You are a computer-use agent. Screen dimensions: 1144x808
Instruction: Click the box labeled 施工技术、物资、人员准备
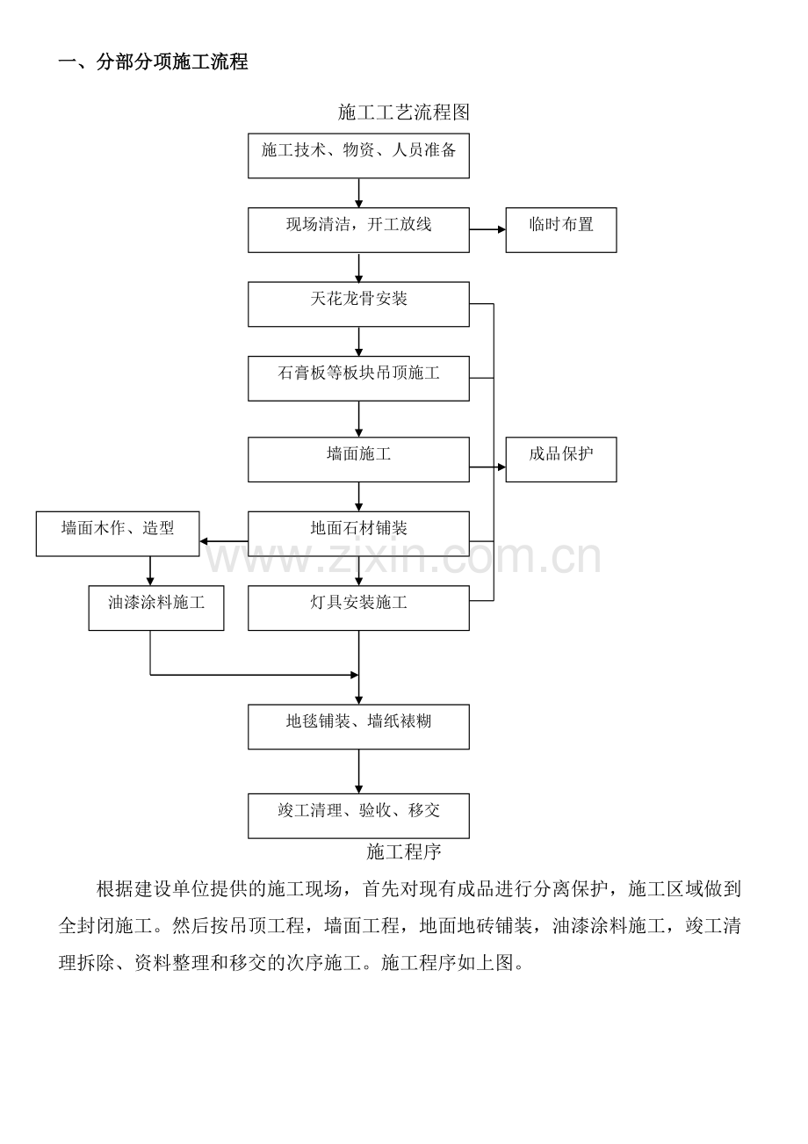[x=358, y=156]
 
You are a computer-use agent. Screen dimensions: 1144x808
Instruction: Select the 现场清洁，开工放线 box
[x=358, y=229]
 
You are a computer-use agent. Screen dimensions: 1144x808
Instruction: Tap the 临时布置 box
[x=560, y=229]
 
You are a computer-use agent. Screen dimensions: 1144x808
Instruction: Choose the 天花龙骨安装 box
[x=358, y=304]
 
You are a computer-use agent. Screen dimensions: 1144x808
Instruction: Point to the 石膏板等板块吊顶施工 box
[x=358, y=378]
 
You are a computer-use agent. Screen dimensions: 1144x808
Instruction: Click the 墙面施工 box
[x=358, y=459]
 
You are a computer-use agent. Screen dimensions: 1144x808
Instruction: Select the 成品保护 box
[x=560, y=459]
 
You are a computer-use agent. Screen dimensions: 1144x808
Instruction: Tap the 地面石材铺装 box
[x=358, y=533]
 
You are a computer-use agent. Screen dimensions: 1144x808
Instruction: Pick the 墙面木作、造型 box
[x=118, y=533]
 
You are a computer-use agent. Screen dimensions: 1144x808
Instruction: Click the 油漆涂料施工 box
[x=156, y=608]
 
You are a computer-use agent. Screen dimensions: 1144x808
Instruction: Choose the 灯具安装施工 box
[x=358, y=608]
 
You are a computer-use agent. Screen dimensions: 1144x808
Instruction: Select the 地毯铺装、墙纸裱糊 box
[x=358, y=727]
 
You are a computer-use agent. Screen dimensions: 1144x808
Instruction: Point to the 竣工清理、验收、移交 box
[x=358, y=815]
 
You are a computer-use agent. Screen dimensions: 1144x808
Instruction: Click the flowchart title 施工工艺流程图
[x=404, y=112]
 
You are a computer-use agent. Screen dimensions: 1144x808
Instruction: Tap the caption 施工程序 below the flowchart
[x=404, y=851]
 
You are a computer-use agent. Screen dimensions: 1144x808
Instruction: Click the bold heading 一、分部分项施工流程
[x=154, y=62]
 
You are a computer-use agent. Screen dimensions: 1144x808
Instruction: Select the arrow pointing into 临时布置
[x=487, y=229]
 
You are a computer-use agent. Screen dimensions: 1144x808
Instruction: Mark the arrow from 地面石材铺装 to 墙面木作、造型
[x=224, y=541]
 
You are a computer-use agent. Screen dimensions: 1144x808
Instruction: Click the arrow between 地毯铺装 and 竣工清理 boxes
[x=358, y=771]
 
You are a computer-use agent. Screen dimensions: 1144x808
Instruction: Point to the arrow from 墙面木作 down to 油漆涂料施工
[x=150, y=571]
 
